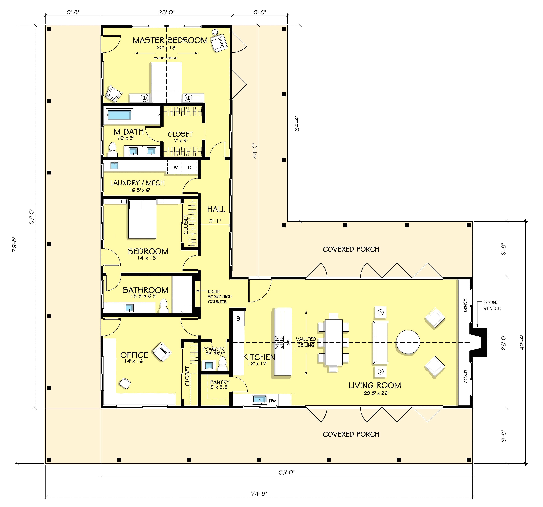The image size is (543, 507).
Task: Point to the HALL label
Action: [216, 209]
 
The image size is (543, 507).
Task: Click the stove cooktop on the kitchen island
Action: [279, 342]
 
